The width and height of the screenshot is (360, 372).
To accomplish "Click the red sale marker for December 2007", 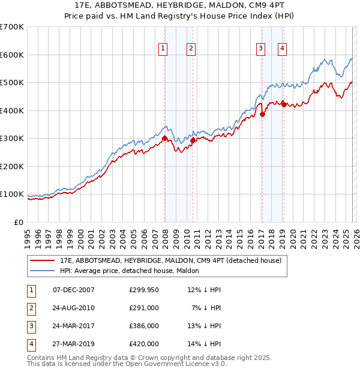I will click(x=164, y=139).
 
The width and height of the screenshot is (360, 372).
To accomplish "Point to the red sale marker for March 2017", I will click(x=262, y=115).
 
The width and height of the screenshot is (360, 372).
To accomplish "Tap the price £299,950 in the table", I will click(x=143, y=290).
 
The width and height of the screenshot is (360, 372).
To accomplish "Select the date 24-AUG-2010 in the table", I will click(x=74, y=308).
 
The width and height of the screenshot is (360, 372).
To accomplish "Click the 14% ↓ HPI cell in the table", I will click(x=208, y=344).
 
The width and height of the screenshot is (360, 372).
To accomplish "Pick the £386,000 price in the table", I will click(x=143, y=326).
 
